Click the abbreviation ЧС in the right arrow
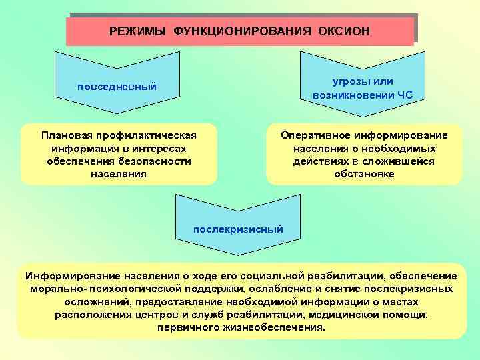(x=405, y=95)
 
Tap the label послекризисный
(x=238, y=229)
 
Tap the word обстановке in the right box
(x=364, y=175)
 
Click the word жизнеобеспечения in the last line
(x=271, y=328)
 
